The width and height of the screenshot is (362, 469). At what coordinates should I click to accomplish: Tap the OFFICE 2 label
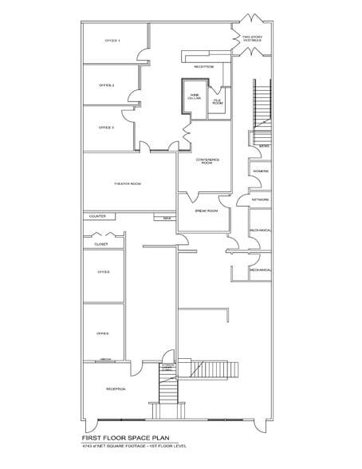pos(107,85)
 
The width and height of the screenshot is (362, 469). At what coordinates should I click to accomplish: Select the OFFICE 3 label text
pos(107,128)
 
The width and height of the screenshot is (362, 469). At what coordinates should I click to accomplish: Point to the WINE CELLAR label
pos(195,97)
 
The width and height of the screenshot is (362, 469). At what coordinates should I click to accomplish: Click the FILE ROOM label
pos(217,102)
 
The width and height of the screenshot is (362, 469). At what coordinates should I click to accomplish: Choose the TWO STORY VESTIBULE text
pos(253,38)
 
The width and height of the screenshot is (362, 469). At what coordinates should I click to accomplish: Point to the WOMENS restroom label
pos(260,171)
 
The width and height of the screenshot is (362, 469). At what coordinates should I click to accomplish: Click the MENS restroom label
pos(264,147)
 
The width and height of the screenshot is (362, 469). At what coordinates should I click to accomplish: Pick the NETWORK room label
pos(260,200)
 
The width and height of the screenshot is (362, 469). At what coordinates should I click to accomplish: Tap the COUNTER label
pos(97,216)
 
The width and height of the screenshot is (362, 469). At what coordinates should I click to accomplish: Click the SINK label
pos(167,217)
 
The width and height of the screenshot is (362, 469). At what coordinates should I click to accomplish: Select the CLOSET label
pos(101,244)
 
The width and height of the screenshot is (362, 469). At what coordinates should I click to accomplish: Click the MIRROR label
pos(105,360)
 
